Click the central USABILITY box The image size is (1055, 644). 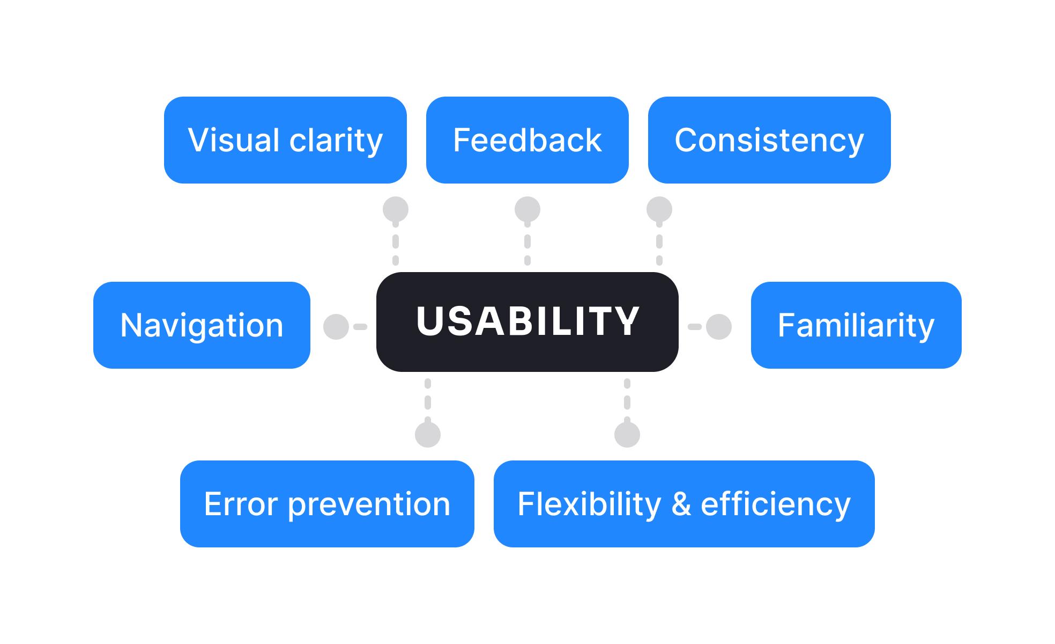click(x=527, y=322)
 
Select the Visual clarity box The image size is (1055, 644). click(x=285, y=140)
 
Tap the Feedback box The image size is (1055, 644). click(x=527, y=140)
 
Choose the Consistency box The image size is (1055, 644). click(x=769, y=140)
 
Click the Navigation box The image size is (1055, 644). click(x=202, y=325)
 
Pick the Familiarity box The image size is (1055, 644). click(x=856, y=325)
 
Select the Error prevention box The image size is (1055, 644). click(x=327, y=504)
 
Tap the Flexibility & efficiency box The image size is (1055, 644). click(x=683, y=504)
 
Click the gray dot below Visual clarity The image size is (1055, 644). click(x=396, y=209)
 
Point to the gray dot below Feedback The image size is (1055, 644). click(x=527, y=209)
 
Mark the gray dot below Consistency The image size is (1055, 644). click(x=659, y=209)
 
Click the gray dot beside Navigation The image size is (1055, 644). click(x=336, y=326)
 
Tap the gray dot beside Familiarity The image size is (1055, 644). click(x=719, y=326)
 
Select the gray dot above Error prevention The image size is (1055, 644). click(x=428, y=434)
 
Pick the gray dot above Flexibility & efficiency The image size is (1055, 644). click(x=627, y=434)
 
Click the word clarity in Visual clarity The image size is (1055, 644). click(x=336, y=141)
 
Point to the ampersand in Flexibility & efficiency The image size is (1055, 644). click(x=681, y=504)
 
